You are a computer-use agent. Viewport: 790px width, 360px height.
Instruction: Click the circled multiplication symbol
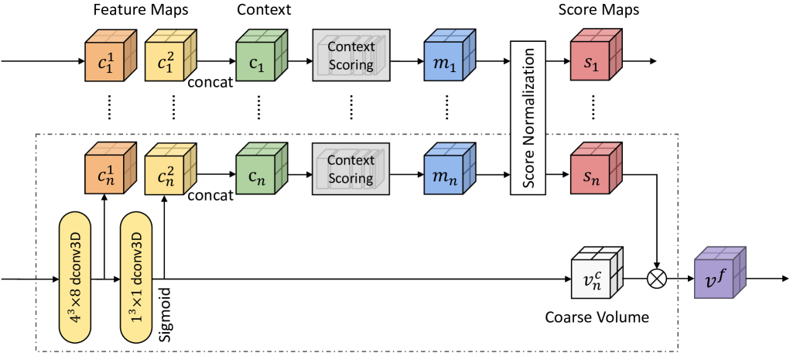[x=658, y=276]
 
